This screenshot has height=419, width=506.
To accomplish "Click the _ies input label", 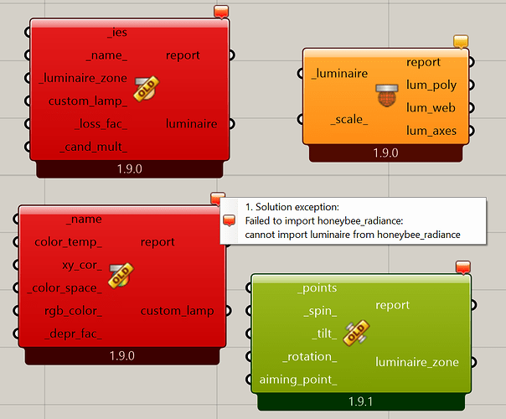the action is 117,33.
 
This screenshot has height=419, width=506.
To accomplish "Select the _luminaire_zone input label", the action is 83,78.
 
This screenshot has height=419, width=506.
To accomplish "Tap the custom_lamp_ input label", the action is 88,101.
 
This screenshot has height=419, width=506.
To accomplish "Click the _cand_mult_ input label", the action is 94,147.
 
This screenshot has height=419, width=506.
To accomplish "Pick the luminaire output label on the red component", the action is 191,124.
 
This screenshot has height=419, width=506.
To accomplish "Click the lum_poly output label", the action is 431,85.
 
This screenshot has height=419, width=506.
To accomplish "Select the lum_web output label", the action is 431,108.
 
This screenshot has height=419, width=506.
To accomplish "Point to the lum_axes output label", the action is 431,131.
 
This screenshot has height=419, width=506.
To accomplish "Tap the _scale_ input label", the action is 349,120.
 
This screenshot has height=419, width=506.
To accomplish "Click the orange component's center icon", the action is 386,95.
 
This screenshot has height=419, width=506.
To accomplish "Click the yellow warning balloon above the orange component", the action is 461,42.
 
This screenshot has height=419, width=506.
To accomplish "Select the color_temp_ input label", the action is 68,242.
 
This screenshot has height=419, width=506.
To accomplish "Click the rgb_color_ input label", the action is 73,311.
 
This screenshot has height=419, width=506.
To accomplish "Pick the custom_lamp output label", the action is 177,311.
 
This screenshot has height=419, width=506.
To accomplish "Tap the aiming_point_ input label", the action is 298,380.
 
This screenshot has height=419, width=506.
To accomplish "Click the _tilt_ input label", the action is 325,334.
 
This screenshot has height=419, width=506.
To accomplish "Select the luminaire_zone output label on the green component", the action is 417,362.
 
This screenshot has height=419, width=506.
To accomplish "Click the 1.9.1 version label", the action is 361,402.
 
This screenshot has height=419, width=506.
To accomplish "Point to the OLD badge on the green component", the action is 356,334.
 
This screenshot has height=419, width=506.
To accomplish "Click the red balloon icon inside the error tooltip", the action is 229,220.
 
